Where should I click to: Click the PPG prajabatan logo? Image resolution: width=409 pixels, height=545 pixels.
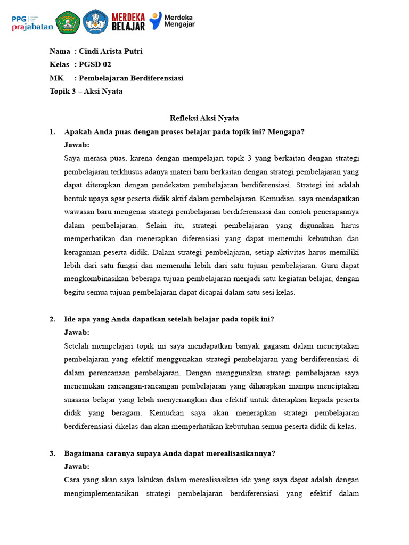click(x=32, y=22)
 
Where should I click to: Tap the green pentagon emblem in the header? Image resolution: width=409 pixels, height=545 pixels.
click(x=68, y=22)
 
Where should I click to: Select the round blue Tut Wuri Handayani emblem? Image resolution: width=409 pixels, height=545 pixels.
click(x=95, y=22)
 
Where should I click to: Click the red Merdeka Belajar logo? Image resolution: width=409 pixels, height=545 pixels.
click(x=128, y=22)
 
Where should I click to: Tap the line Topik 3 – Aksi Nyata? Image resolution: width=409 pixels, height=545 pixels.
click(x=86, y=92)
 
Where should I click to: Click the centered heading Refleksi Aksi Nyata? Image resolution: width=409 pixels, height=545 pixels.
click(x=204, y=118)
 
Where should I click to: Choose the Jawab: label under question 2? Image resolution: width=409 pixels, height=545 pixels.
click(x=77, y=333)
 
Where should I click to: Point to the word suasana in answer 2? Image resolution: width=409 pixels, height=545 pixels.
click(x=78, y=400)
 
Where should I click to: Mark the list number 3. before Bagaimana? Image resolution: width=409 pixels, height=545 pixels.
click(x=53, y=453)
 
